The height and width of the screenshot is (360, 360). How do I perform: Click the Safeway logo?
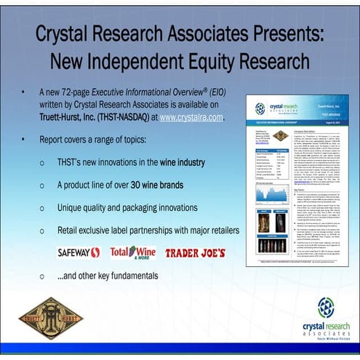pos(79,252)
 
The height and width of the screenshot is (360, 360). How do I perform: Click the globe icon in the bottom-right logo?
pos(326,306)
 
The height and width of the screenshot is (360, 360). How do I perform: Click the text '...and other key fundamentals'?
pos(107,276)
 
